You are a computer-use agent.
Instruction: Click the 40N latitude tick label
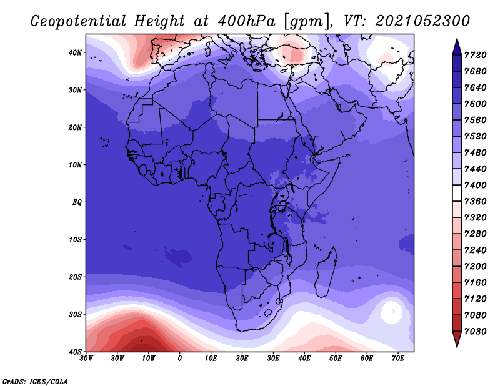(75, 52)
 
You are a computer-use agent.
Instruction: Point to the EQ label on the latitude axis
(77, 202)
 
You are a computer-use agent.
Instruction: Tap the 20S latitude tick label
(75, 277)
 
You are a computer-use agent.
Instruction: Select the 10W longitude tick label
(149, 359)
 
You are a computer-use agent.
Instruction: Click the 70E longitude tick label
(398, 359)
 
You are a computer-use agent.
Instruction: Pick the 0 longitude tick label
(180, 359)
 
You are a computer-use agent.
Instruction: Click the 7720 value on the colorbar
(476, 55)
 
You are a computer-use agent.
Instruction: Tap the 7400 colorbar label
(476, 185)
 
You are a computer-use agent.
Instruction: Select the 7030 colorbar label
(476, 332)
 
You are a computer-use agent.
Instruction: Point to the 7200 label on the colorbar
(476, 267)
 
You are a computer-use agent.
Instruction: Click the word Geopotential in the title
(79, 22)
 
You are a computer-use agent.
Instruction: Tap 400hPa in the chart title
(247, 21)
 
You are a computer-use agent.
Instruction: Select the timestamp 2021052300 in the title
(422, 21)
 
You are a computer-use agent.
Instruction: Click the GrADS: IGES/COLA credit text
(35, 382)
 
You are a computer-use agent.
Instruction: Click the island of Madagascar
(326, 272)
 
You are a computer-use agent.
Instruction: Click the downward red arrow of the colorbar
(457, 339)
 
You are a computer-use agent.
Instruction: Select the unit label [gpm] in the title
(308, 22)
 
